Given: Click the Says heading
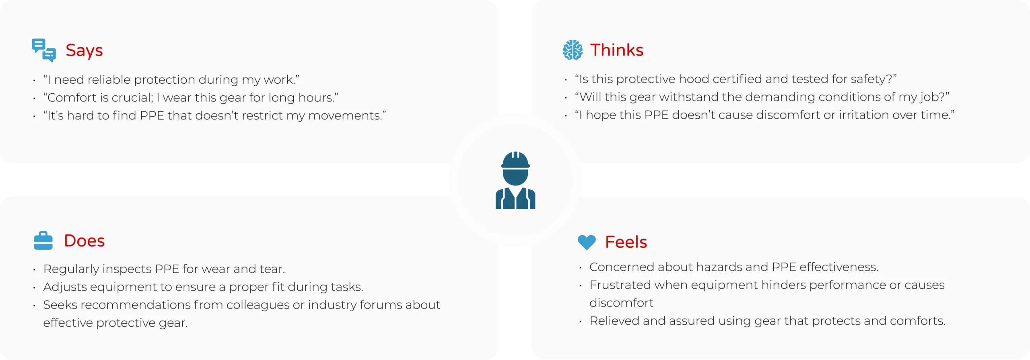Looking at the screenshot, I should (84, 51).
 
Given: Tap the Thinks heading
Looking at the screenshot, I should (616, 50).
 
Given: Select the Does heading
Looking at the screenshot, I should (84, 241).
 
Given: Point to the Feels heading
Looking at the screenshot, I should (626, 242).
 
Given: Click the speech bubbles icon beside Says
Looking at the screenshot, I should (43, 50).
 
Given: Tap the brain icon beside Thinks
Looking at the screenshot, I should (572, 50).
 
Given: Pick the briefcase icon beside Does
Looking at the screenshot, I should (43, 241).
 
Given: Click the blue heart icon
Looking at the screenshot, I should (586, 242).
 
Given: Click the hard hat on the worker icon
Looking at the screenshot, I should (515, 160).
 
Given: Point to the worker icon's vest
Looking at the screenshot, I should (515, 199).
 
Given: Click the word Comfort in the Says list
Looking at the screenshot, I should (73, 98).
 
